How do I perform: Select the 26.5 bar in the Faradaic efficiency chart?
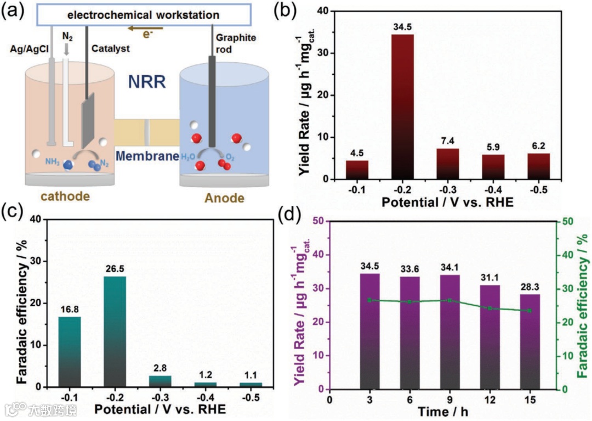click(x=115, y=332)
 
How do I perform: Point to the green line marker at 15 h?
click(x=530, y=311)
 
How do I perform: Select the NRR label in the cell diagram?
click(x=147, y=83)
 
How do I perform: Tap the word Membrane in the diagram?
click(x=147, y=156)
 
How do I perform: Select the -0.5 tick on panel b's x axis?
click(x=539, y=190)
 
